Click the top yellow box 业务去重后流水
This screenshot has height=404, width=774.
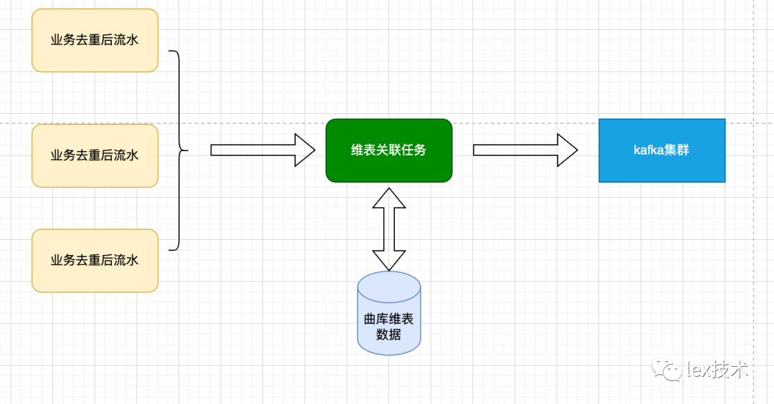[95, 40]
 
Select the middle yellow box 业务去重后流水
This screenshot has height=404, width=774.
[95, 155]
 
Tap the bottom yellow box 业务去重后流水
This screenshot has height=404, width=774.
[95, 260]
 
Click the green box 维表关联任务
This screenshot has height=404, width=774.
[388, 150]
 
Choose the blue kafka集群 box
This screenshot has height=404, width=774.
[661, 150]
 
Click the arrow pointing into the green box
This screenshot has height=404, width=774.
[262, 150]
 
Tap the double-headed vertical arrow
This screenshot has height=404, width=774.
[388, 229]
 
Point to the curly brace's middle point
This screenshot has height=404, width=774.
[186, 150]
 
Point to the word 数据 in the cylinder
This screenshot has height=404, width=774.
[388, 335]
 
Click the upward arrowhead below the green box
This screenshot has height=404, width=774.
[388, 198]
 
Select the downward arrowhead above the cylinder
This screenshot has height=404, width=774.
[388, 261]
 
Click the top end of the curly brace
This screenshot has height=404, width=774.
[170, 52]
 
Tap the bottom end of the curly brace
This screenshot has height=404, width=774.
[170, 250]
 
